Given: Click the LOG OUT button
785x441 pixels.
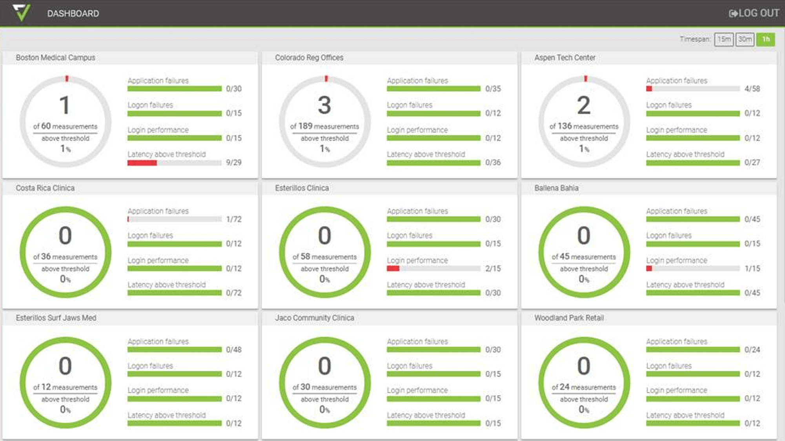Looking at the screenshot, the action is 754,13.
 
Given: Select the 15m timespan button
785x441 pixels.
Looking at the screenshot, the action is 724,39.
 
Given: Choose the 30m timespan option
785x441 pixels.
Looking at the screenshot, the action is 745,39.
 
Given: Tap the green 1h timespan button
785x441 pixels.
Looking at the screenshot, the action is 766,39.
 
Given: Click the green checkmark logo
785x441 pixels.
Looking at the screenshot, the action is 21,13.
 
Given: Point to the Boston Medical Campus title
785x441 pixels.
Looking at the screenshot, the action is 55,58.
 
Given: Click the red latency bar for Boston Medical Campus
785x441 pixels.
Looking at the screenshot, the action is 142,163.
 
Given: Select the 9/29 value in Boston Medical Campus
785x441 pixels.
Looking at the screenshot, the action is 233,162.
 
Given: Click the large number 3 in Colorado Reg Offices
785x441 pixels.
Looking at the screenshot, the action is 324,105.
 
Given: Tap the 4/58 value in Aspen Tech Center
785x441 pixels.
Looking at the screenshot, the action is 752,89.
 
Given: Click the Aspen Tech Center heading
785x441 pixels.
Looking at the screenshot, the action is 565,58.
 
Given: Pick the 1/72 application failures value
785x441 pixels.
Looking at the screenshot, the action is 233,219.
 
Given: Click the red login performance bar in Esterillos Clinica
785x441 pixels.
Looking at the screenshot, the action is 393,269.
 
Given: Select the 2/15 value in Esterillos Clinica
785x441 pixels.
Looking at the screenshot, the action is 493,269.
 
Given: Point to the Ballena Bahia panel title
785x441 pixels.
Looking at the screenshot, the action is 556,188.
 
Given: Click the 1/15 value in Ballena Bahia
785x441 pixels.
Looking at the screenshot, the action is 752,269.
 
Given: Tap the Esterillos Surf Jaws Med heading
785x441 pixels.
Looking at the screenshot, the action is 56,318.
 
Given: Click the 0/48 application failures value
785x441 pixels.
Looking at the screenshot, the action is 233,350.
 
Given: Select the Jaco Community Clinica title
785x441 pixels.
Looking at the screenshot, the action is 314,318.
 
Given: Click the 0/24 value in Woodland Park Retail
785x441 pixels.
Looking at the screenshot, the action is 752,350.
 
